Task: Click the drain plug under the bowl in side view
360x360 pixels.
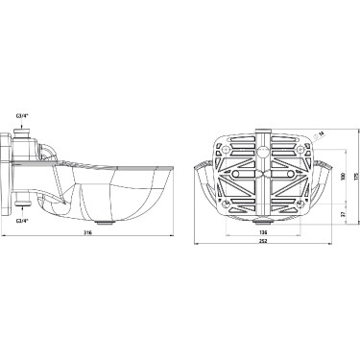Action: (x=108, y=223)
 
